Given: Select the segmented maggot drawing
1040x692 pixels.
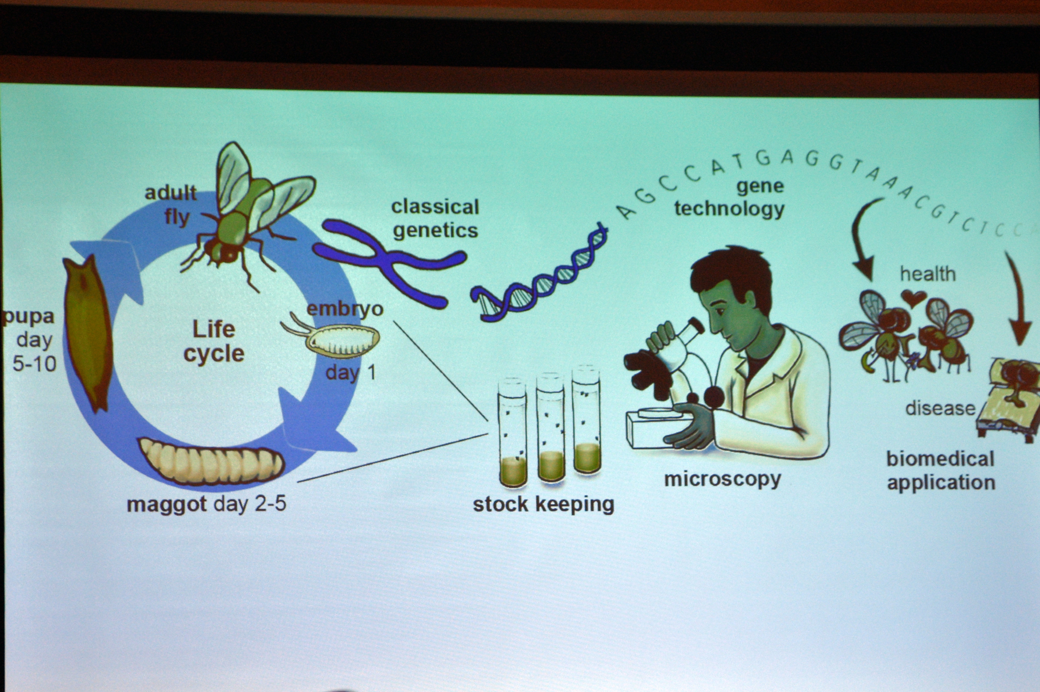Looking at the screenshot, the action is pyautogui.click(x=211, y=461).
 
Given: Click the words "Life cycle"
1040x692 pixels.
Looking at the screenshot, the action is pyautogui.click(x=214, y=341).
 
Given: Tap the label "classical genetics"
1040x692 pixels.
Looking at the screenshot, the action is pyautogui.click(x=435, y=219).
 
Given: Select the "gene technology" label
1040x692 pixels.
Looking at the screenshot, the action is pyautogui.click(x=729, y=198).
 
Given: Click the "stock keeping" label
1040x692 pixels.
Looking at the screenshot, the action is pyautogui.click(x=543, y=504).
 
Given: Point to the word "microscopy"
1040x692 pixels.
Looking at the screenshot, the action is pyautogui.click(x=723, y=478).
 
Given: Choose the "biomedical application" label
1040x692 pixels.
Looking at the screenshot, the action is pyautogui.click(x=941, y=470).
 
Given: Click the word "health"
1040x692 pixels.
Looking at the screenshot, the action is pyautogui.click(x=928, y=274).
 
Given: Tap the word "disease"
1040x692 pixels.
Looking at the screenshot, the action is pyautogui.click(x=940, y=408).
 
